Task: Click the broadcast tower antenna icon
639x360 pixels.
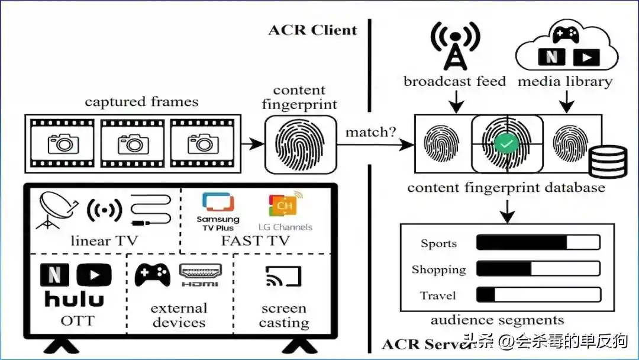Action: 455,46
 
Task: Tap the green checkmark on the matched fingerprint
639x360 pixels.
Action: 506,144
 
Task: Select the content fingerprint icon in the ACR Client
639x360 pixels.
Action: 301,144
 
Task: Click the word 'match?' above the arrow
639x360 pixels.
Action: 370,132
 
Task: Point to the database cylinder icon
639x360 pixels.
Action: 608,162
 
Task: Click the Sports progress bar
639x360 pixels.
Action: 538,242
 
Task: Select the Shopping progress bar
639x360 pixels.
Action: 538,269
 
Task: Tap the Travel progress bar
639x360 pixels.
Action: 538,295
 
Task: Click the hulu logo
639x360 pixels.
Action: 74,299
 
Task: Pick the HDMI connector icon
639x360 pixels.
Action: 200,275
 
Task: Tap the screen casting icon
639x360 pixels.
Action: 283,277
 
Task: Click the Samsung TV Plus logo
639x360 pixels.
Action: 218,212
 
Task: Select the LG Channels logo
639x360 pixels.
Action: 285,211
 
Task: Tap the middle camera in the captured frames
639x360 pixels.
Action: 133,144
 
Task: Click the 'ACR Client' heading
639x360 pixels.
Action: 312,30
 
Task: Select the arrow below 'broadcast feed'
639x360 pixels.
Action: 456,101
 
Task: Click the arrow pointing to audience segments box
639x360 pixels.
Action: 508,211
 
